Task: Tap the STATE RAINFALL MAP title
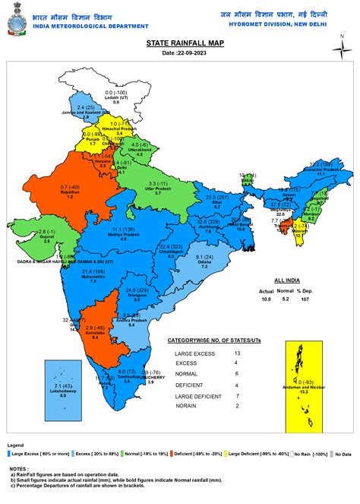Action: click(180, 45)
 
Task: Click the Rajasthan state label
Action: click(71, 192)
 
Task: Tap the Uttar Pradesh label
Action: click(158, 189)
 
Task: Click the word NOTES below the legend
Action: click(17, 469)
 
